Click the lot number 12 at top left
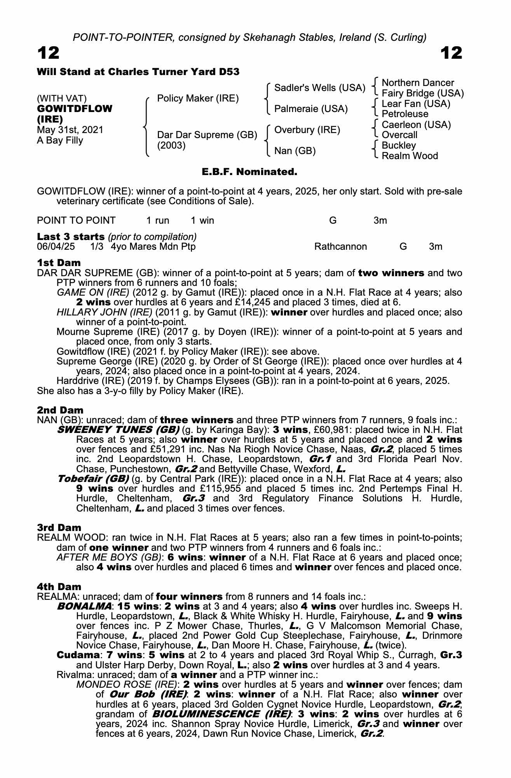[48, 53]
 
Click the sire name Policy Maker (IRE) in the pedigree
[198, 98]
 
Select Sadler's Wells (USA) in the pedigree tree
[319, 88]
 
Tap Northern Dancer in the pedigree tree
[418, 83]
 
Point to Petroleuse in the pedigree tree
[405, 114]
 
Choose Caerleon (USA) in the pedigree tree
[416, 124]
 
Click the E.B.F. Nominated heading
[249, 172]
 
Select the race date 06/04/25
[56, 247]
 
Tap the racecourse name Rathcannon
[340, 247]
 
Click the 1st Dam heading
[59, 263]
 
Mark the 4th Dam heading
[59, 587]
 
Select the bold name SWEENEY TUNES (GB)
[118, 430]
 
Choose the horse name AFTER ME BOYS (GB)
[109, 557]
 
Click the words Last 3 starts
[70, 237]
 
